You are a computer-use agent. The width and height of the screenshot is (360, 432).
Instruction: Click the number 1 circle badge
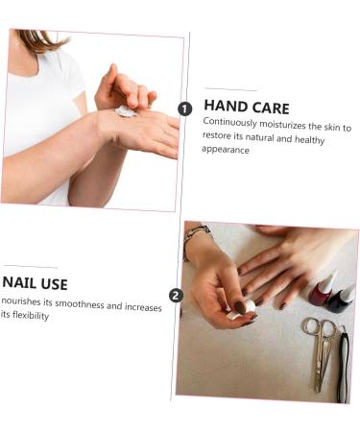tap(186, 109)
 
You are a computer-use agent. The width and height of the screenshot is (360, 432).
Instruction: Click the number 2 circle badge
tap(176, 296)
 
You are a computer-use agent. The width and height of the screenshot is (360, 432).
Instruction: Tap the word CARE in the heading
tap(270, 108)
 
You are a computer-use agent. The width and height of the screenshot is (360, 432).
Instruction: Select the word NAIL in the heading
tap(19, 283)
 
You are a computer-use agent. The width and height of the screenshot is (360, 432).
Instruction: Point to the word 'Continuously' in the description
tap(230, 125)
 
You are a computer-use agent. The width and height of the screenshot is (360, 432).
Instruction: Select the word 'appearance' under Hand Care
tap(227, 150)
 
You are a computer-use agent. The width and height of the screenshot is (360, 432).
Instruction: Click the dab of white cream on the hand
tap(126, 111)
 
